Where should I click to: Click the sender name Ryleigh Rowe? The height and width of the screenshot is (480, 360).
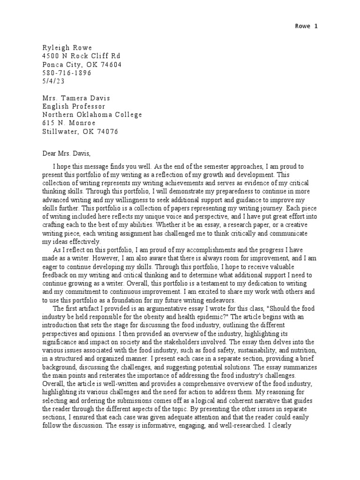pyautogui.click(x=67, y=48)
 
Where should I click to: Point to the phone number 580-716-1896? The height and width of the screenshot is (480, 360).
pyautogui.click(x=67, y=73)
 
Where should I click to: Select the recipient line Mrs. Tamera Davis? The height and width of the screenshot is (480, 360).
pyautogui.click(x=74, y=98)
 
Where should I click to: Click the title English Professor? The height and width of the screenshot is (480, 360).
pyautogui.click(x=74, y=106)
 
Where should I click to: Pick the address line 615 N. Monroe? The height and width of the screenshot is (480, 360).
pyautogui.click(x=68, y=123)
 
